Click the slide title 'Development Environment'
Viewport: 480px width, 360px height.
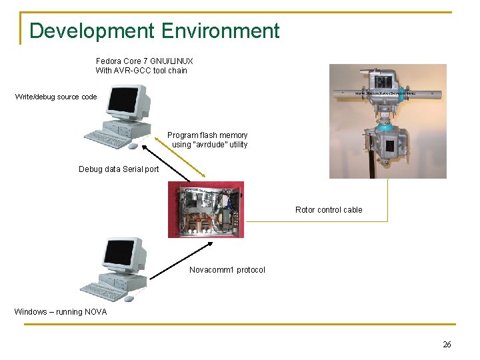(154, 31)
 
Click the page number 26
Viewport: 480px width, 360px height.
(447, 344)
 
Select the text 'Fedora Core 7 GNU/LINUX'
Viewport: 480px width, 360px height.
(144, 61)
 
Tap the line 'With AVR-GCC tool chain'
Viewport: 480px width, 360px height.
(141, 71)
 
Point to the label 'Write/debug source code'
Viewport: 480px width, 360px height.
(56, 97)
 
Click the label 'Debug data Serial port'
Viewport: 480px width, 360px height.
(119, 169)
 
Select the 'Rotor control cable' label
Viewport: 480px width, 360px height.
(329, 210)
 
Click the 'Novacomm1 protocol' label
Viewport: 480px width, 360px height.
(227, 270)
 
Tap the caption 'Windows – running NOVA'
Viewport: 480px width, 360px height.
(59, 312)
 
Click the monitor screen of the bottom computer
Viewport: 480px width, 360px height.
(119, 254)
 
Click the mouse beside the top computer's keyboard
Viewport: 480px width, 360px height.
(132, 146)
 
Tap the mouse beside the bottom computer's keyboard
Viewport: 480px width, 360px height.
(129, 299)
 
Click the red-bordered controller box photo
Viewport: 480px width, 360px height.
(206, 209)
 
